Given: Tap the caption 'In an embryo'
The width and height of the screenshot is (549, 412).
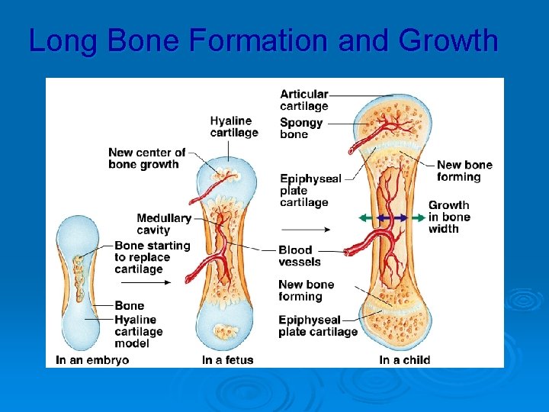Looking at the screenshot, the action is (x=92, y=359).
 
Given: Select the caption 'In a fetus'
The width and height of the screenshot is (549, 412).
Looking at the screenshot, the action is (x=228, y=359).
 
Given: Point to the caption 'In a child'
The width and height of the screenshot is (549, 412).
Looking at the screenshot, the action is (x=405, y=359).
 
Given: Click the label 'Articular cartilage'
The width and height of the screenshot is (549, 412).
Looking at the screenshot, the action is (x=304, y=100).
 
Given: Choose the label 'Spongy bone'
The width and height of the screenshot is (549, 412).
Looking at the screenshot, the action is (x=301, y=128).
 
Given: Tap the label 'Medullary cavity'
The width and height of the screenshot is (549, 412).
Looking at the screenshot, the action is (x=164, y=224).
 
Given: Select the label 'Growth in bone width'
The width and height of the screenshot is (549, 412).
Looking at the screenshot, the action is (x=449, y=217).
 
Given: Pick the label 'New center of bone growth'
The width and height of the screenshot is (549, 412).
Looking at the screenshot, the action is (x=146, y=158).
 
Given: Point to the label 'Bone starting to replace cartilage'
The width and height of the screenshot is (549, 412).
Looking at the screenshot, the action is (x=152, y=257).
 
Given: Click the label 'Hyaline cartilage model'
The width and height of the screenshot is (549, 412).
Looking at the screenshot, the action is (x=139, y=331).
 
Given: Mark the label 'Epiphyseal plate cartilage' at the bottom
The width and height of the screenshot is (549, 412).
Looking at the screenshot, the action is (x=318, y=326).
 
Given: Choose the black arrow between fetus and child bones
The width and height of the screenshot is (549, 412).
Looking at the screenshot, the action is (x=304, y=229).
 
